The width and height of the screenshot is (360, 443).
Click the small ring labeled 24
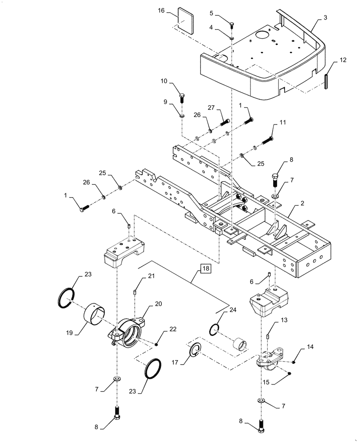[214, 329]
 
